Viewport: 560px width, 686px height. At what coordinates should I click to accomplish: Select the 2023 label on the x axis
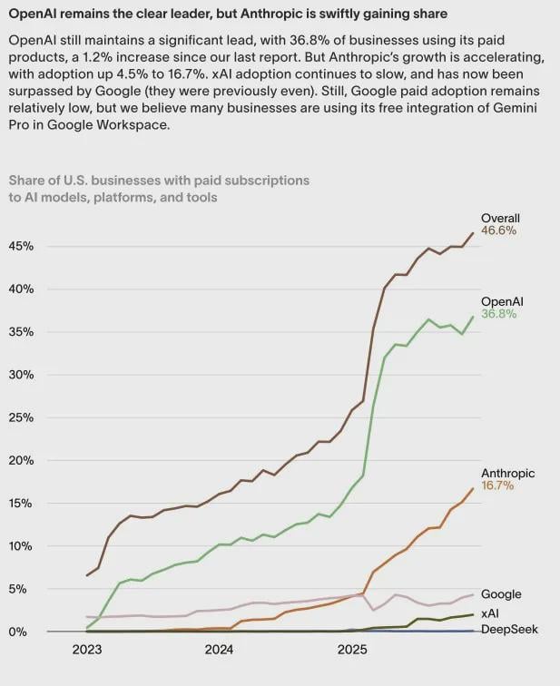86,650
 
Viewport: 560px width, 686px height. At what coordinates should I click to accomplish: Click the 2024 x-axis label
219,650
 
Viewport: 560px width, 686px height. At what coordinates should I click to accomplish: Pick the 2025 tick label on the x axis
352,650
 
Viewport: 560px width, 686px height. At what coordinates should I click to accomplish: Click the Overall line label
500,218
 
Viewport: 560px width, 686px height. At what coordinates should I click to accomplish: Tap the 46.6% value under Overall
498,231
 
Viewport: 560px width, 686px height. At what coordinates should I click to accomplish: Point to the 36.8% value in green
498,315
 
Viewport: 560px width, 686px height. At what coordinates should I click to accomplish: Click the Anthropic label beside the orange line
507,473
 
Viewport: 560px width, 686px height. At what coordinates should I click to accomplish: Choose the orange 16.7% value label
497,486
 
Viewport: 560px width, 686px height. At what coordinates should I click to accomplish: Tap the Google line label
501,594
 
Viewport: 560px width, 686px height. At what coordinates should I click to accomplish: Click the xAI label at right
491,615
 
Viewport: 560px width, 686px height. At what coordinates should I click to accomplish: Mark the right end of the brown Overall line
473,233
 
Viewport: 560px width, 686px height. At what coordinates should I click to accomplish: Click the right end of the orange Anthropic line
473,488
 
